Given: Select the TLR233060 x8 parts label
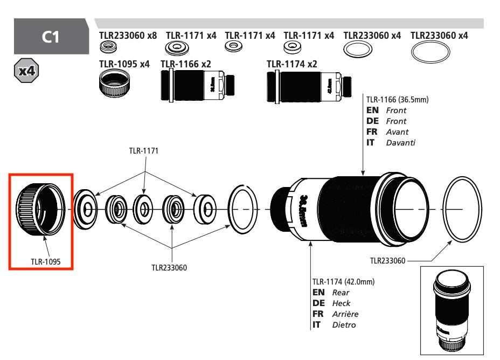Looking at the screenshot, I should click(128, 36).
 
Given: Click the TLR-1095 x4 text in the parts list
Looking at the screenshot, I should click(124, 64).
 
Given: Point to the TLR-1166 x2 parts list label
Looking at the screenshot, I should click(185, 64).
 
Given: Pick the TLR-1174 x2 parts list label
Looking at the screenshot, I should click(291, 64).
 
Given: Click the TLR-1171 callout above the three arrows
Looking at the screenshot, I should click(143, 153).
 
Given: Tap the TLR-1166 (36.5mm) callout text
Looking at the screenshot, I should click(397, 100).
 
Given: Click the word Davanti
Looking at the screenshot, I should click(401, 142).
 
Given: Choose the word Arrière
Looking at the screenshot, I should click(345, 314).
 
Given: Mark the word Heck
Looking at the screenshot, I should click(341, 303).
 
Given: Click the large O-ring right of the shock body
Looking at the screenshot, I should click(462, 209).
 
